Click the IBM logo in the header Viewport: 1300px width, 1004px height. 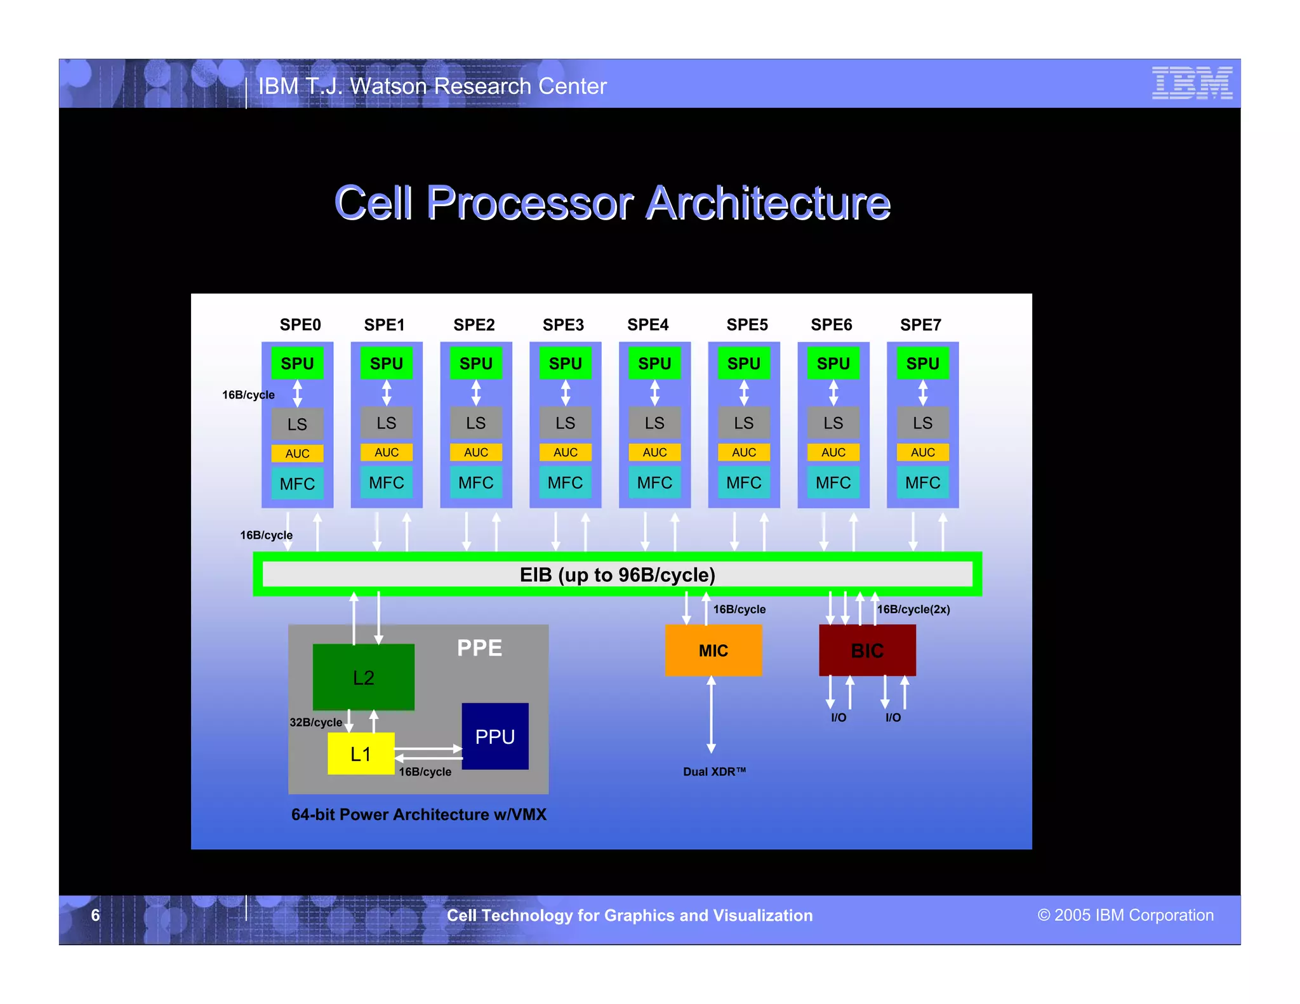tap(1191, 83)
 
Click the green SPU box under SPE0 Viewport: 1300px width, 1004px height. tap(297, 364)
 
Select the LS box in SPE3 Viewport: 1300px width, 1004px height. tap(565, 423)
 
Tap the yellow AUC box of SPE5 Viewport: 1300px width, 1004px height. tap(743, 452)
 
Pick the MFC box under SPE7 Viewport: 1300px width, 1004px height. tap(922, 483)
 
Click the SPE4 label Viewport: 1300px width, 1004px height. tap(647, 325)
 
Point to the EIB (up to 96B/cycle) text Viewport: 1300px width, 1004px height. tap(617, 575)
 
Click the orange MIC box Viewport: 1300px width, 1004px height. tap(713, 651)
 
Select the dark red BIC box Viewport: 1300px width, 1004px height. tap(867, 651)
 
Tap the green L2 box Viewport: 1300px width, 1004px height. tap(363, 677)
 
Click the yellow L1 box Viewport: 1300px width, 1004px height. tap(361, 754)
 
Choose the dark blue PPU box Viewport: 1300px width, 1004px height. tap(494, 736)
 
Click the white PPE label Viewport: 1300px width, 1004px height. tap(479, 648)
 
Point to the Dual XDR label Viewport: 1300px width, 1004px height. tap(714, 772)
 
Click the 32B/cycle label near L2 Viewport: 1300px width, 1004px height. tap(315, 722)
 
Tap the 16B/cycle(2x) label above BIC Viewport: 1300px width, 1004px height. tap(913, 609)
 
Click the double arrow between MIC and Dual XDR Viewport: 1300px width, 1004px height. tap(711, 715)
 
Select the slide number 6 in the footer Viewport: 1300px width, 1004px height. tap(95, 915)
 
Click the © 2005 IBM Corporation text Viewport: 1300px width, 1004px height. tap(1125, 915)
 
